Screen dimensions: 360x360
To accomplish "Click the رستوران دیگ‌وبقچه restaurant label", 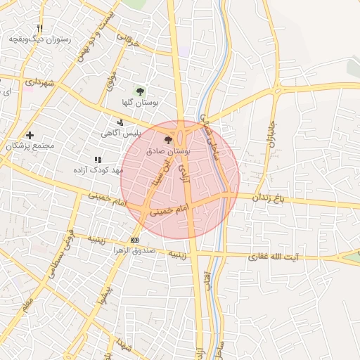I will (40, 39).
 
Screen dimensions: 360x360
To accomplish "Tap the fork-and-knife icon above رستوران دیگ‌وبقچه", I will (39, 28).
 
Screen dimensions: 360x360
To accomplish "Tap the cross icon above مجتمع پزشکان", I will (30, 134).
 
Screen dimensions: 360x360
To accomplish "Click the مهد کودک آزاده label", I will (98, 170).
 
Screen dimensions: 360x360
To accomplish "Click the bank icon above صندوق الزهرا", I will (135, 240).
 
